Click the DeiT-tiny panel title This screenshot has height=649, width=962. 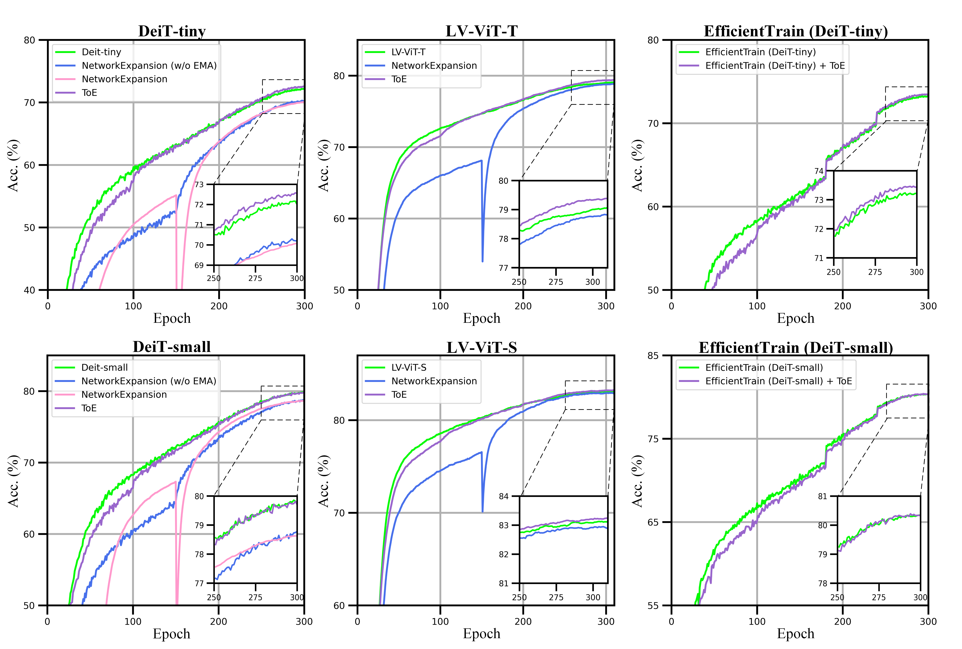point(172,31)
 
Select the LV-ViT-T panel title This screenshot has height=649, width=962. point(481,31)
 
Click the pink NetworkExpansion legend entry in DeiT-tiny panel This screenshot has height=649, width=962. point(124,79)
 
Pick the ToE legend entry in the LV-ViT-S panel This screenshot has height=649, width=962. point(399,395)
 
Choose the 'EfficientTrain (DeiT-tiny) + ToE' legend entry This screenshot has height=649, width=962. point(775,65)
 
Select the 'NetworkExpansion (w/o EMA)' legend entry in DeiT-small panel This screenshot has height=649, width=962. point(149,381)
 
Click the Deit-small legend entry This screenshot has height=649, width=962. point(104,367)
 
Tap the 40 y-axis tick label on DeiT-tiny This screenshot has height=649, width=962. point(29,290)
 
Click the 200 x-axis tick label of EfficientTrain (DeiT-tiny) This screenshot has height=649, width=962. point(842,306)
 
